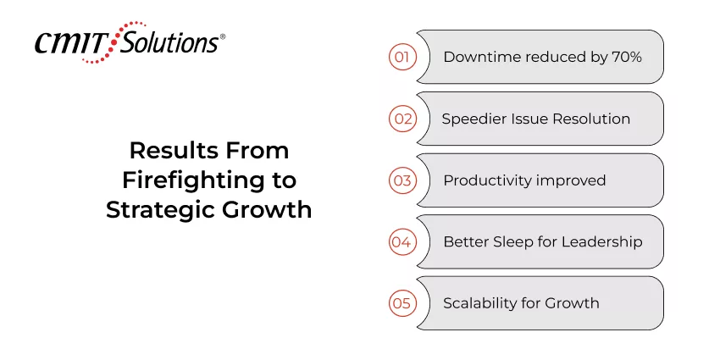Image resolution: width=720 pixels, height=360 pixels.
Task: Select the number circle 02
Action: point(403,119)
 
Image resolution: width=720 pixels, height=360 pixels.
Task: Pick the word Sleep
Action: point(515,241)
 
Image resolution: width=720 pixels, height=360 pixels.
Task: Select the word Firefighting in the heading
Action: point(179,180)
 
